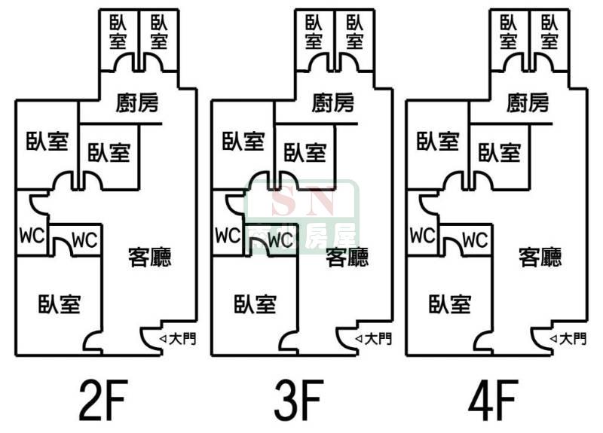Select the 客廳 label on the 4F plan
[540, 258]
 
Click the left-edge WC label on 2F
[31, 235]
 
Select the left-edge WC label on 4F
[421, 235]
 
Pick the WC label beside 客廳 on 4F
[474, 240]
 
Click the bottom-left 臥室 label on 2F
[60, 304]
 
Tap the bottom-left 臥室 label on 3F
[255, 304]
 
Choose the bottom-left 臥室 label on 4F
[450, 304]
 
